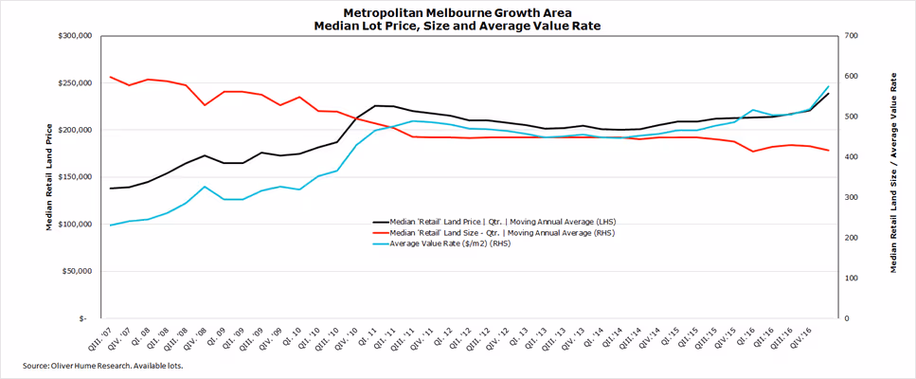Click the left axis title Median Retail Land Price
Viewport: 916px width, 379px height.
coord(48,177)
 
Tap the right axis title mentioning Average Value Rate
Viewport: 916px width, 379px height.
coord(892,177)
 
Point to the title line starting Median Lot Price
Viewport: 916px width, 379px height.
coord(458,26)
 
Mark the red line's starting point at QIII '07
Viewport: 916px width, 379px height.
coord(111,77)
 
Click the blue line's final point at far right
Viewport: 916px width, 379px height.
coord(829,86)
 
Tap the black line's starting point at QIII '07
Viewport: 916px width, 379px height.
coord(111,189)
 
